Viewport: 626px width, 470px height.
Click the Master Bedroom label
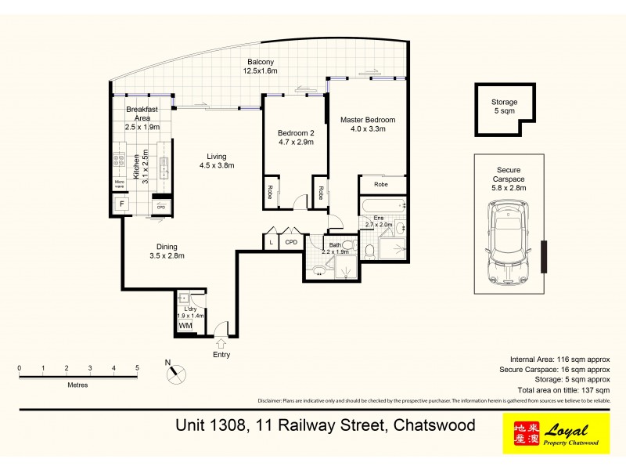pos(368,125)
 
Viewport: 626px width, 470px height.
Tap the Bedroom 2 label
pos(296,138)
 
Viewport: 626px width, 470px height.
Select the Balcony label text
pos(261,67)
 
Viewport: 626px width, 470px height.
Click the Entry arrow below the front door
pos(221,343)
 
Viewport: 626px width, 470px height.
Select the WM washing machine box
pos(185,325)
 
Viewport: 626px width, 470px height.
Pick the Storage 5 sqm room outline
pos(505,106)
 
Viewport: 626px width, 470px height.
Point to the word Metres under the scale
pos(77,385)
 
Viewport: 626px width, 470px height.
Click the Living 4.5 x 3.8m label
pos(216,161)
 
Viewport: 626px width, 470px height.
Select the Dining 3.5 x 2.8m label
pos(165,251)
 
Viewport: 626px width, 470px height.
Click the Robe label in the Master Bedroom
pos(381,185)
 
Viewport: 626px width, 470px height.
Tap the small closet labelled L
pos(271,243)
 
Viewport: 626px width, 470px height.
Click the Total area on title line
pos(558,389)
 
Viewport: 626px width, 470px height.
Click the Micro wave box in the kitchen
pos(120,186)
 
